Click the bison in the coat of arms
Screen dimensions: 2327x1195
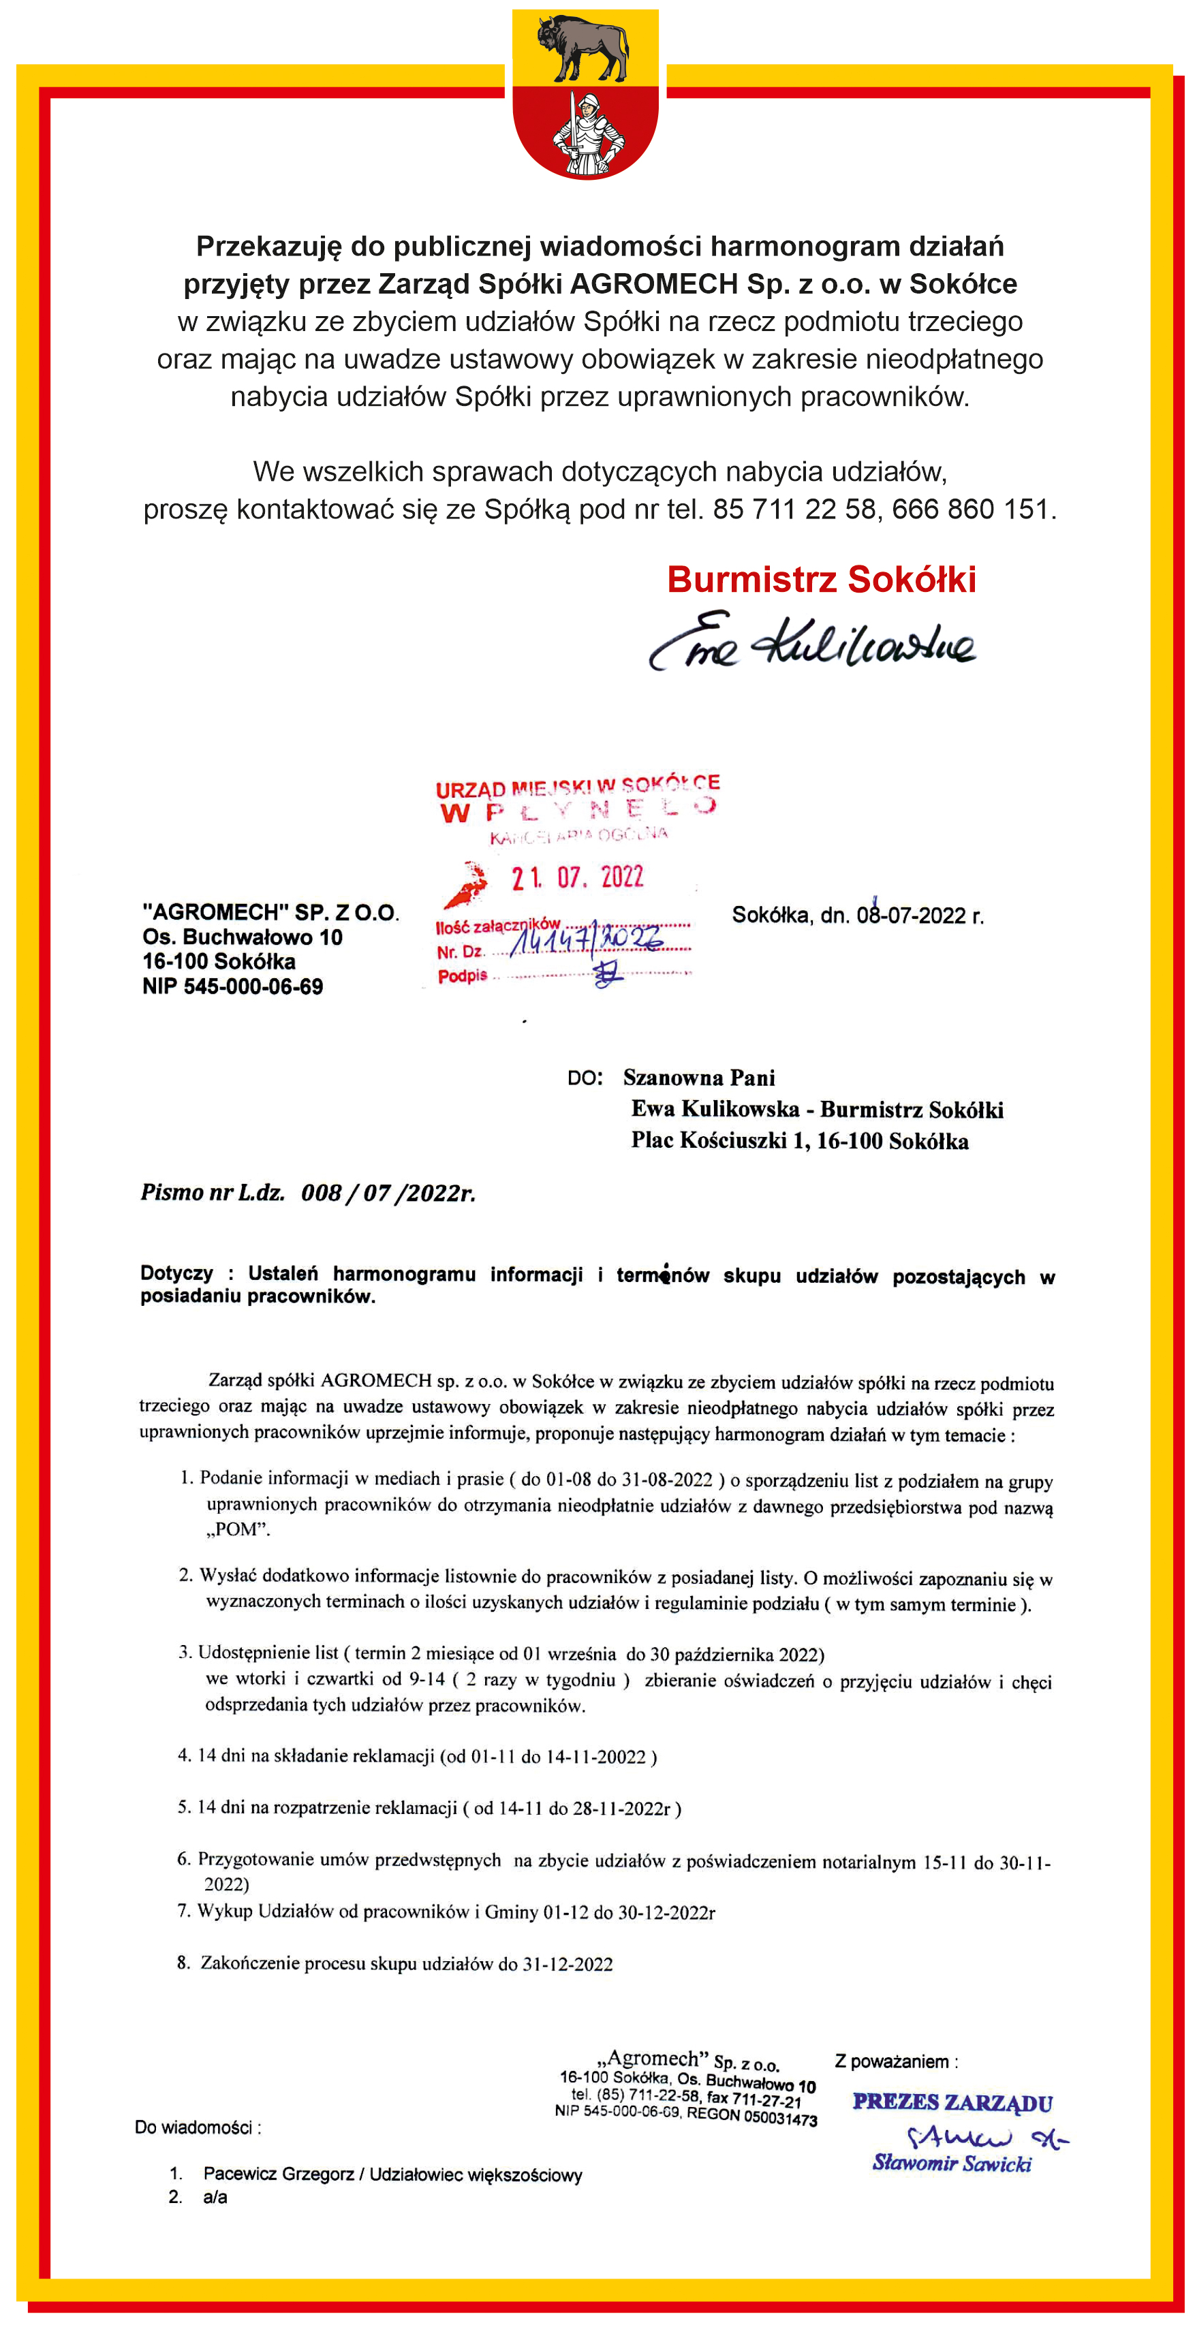pyautogui.click(x=583, y=48)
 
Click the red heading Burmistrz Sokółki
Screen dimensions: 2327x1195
pyautogui.click(x=821, y=580)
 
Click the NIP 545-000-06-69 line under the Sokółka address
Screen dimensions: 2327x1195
pyautogui.click(x=232, y=986)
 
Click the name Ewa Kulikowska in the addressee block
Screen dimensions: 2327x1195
pyautogui.click(x=715, y=1108)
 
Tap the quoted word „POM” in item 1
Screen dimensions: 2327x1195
pyautogui.click(x=238, y=1529)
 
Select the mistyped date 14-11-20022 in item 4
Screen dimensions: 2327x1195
pyautogui.click(x=595, y=1757)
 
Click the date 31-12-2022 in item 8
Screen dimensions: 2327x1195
pyautogui.click(x=568, y=1964)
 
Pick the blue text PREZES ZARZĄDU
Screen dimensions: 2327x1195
pyautogui.click(x=952, y=2103)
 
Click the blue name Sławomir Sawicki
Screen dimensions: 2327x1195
pyautogui.click(x=951, y=2163)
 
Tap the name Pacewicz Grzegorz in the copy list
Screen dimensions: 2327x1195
pyautogui.click(x=278, y=2174)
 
